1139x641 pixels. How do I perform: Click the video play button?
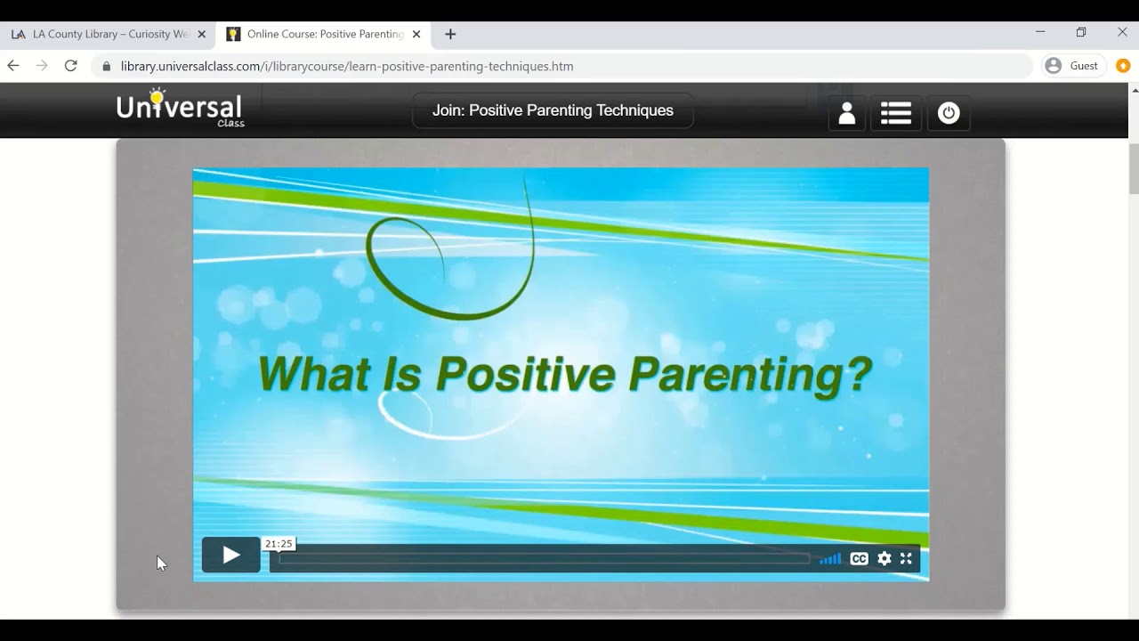coord(230,556)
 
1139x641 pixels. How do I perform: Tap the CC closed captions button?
coord(859,559)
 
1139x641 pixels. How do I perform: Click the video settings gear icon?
coord(884,559)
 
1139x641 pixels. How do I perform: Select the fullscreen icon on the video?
coord(906,559)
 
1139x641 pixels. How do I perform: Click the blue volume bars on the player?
coord(830,559)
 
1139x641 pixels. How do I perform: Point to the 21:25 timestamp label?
coord(279,543)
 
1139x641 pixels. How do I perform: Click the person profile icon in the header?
coord(846,113)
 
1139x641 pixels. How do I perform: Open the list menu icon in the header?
coord(895,113)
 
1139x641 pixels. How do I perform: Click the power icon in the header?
coord(949,113)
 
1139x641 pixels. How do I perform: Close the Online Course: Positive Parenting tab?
coord(416,34)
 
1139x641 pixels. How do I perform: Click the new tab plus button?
coord(450,34)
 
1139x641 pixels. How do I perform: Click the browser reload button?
coord(71,66)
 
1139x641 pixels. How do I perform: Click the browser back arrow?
coord(13,66)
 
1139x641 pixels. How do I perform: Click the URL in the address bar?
coord(347,66)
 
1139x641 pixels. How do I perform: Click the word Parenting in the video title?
coord(749,374)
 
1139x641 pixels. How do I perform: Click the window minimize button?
coord(1040,32)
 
